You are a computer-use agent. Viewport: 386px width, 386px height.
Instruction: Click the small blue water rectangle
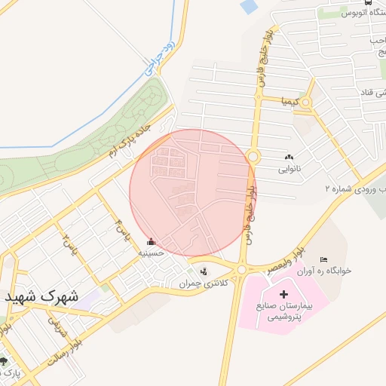[248, 7]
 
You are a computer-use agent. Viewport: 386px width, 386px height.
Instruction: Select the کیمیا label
[290, 100]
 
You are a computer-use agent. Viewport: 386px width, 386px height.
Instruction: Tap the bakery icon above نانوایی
[289, 158]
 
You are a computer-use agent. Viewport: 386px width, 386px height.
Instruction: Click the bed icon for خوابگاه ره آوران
[324, 259]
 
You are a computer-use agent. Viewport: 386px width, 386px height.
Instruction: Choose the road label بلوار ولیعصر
[284, 259]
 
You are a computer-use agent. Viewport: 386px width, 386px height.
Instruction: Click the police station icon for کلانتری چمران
[202, 271]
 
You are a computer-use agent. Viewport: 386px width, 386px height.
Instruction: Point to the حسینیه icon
[152, 242]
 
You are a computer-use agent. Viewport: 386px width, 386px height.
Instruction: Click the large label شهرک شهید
[44, 296]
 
